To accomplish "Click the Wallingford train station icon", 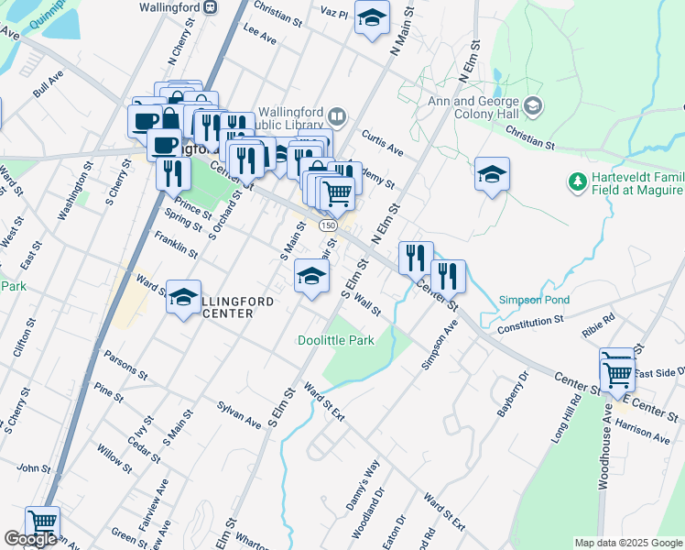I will coord(211,5).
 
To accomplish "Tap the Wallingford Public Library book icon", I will coord(337,116).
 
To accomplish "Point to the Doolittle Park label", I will coord(335,340).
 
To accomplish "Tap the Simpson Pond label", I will coord(534,300).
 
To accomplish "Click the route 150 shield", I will coord(327,225).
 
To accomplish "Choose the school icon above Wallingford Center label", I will coord(184,297).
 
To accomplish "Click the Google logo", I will coord(30,539).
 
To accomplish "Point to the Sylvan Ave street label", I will coord(239,411).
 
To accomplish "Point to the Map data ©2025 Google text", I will coord(627,543).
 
